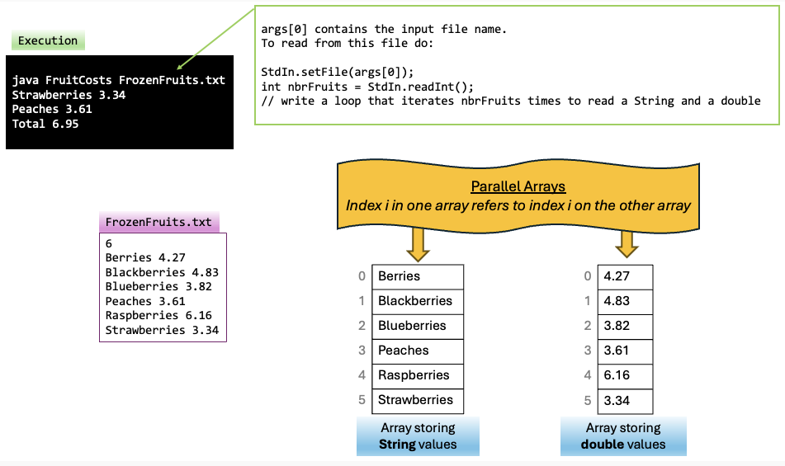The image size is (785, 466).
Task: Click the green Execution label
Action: tap(48, 40)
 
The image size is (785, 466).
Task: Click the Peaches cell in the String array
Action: tap(418, 351)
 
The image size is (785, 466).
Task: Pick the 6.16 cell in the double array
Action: tap(625, 375)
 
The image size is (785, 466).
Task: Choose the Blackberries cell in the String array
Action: tap(418, 301)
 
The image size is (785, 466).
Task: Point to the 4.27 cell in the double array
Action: tap(625, 276)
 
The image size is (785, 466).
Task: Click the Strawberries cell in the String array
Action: tap(418, 400)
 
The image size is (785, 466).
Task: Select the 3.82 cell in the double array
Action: tap(625, 326)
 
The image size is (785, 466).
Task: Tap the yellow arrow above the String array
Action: tap(418, 243)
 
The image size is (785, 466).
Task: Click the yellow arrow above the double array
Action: tap(627, 243)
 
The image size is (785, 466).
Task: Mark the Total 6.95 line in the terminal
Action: tap(45, 124)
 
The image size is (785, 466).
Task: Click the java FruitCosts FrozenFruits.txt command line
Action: tap(119, 80)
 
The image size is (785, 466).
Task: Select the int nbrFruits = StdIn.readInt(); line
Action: tap(367, 87)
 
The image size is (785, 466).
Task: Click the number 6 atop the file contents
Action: tap(109, 243)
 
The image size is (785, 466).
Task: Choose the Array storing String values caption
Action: tap(418, 436)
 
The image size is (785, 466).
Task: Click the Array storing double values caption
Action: tap(623, 436)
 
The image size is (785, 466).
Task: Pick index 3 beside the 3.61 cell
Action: tap(587, 351)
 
